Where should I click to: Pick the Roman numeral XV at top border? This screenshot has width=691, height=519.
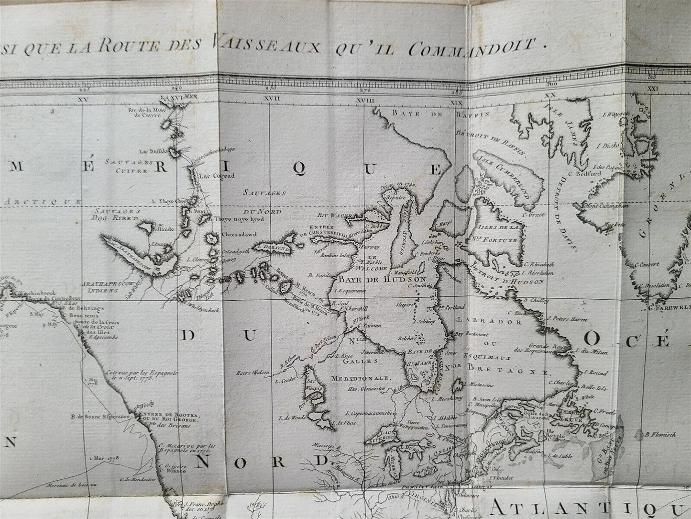pos(85,98)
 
